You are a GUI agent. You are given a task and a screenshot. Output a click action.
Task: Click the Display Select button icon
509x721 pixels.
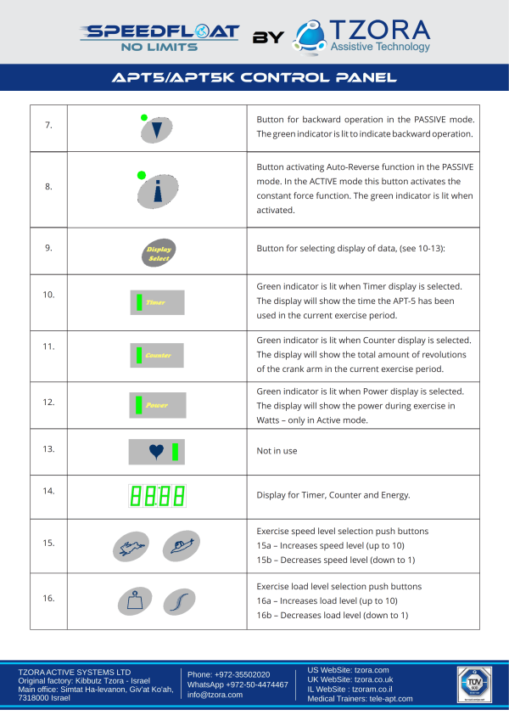click(158, 253)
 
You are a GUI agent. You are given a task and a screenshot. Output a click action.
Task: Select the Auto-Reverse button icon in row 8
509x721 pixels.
click(158, 193)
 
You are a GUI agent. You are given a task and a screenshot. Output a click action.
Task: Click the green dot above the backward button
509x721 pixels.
click(144, 117)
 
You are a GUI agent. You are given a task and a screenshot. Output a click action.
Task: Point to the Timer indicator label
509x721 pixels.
click(155, 301)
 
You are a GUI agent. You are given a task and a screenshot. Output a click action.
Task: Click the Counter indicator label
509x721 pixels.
click(158, 355)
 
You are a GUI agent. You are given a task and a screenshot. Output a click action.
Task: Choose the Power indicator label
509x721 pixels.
click(156, 405)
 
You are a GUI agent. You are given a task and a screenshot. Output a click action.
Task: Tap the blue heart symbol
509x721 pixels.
click(155, 452)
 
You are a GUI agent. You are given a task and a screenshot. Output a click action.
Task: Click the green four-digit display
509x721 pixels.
click(157, 495)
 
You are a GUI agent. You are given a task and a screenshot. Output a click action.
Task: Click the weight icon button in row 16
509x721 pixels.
click(131, 602)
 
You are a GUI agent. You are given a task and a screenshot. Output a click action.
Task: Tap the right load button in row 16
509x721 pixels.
click(180, 601)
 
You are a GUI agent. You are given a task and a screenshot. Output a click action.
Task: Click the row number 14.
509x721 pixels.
click(48, 491)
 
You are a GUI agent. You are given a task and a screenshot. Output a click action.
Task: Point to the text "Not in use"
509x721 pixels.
click(277, 451)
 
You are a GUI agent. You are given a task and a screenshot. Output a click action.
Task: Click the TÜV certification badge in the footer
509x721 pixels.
click(474, 684)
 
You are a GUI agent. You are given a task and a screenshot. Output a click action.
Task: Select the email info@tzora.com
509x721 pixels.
click(215, 695)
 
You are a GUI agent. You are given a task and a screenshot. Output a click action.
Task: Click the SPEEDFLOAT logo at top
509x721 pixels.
click(159, 36)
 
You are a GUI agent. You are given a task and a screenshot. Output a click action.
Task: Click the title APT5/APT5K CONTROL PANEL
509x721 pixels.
click(255, 78)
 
